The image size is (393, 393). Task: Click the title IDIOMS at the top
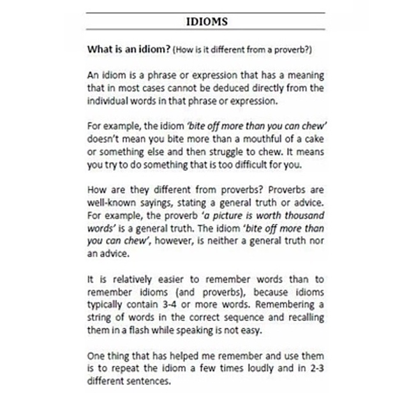click(206, 22)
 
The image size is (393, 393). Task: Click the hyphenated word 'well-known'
click(109, 202)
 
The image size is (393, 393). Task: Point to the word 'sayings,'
click(156, 202)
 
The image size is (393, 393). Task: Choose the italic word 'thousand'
click(303, 214)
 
